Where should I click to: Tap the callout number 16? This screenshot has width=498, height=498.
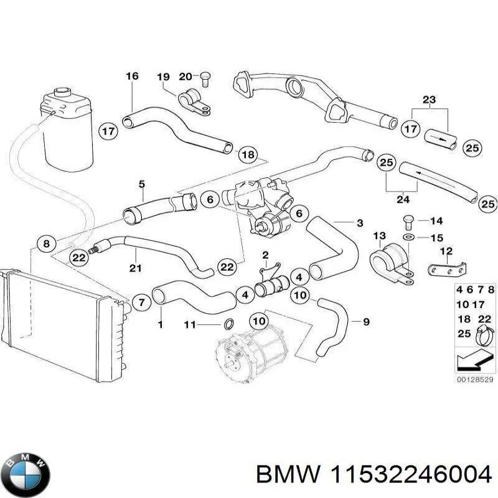[x=132, y=77]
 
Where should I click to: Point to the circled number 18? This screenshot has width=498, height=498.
[x=248, y=154]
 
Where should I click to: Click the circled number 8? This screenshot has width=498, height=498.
[x=46, y=243]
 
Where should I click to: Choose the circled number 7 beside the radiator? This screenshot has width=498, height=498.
[x=141, y=303]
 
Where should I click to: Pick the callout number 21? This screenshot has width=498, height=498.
[x=136, y=268]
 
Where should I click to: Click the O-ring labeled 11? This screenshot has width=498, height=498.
[x=228, y=324]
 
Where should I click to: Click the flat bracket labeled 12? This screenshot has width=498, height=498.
[x=446, y=270]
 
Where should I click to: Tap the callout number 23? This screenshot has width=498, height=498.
[x=430, y=100]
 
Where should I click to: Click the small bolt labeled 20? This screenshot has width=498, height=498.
[x=205, y=78]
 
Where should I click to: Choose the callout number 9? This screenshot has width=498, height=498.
[x=366, y=321]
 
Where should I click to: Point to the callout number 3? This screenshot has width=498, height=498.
[x=359, y=223]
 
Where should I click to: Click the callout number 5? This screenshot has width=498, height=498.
[x=141, y=184]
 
